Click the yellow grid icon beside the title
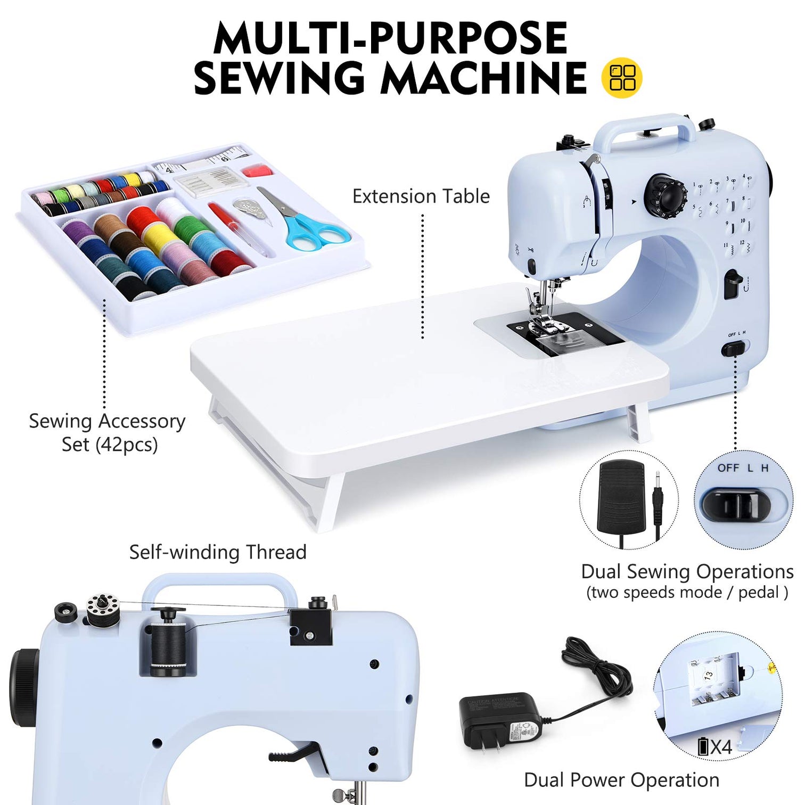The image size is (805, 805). (x=621, y=78)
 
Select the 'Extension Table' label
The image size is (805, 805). (x=421, y=196)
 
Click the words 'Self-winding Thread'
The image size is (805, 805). (x=218, y=552)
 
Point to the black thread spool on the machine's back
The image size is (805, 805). (x=168, y=647)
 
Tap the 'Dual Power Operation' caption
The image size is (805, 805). (x=621, y=780)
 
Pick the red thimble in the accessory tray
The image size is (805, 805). (x=258, y=171)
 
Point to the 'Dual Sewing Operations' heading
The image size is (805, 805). (x=687, y=572)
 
